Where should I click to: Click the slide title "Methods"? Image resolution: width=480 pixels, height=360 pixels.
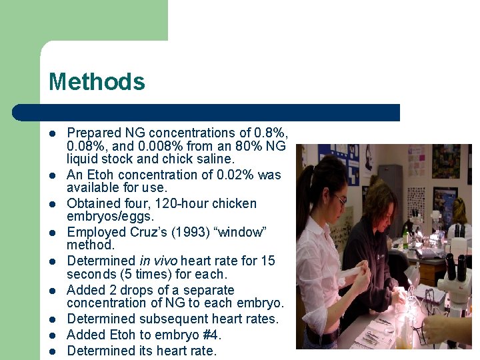[97, 82]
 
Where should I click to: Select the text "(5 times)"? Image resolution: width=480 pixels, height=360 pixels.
[147, 274]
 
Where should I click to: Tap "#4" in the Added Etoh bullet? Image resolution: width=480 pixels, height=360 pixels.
[209, 335]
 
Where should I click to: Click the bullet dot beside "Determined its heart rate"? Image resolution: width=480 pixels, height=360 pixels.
[53, 351]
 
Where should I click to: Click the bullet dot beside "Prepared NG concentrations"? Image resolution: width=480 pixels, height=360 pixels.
[53, 133]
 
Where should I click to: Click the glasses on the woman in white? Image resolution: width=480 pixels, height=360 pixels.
[339, 198]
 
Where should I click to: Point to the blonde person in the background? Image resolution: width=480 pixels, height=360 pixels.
[459, 212]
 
